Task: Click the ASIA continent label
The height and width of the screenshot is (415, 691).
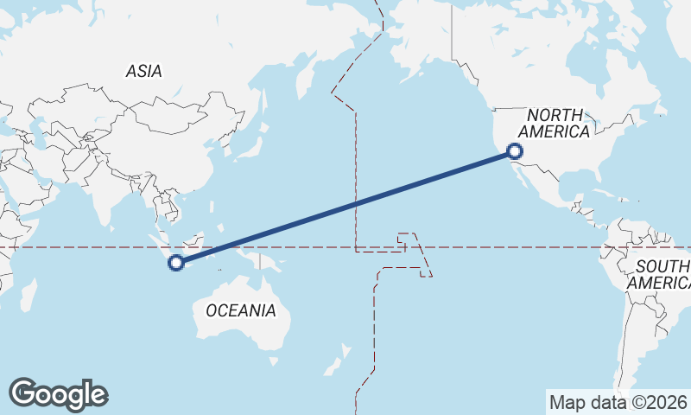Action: [143, 72]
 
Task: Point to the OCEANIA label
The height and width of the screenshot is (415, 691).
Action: [241, 310]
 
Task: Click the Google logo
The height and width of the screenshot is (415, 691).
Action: [58, 393]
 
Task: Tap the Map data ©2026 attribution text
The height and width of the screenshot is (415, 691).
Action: [618, 402]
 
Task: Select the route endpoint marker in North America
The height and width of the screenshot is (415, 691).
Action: [516, 153]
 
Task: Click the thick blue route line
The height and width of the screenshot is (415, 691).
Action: [345, 207]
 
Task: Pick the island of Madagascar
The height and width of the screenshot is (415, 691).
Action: [29, 295]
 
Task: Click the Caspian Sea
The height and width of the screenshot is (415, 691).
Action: [39, 131]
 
